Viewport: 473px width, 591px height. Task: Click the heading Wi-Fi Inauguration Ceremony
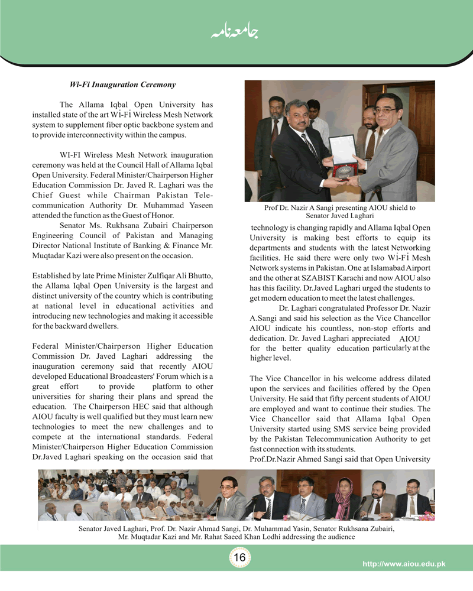[x=122, y=85]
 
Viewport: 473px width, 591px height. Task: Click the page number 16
[x=239, y=557]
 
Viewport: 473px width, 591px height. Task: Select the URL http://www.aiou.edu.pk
[x=403, y=564]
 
